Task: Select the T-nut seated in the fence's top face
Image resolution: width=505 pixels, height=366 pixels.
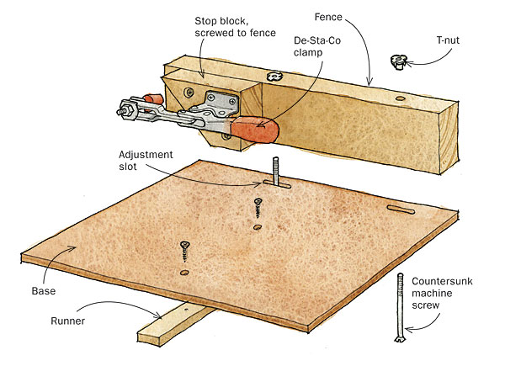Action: pyautogui.click(x=273, y=77)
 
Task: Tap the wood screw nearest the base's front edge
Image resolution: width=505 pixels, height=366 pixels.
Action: pyautogui.click(x=184, y=250)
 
